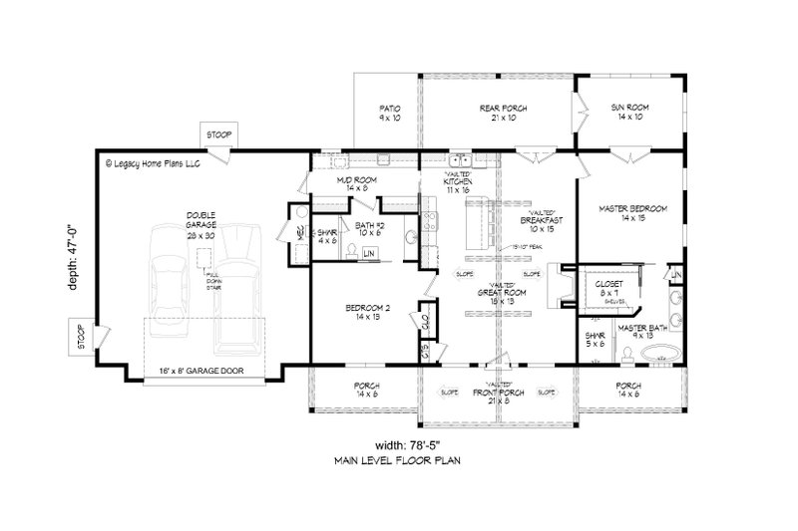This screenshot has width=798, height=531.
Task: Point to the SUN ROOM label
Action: tap(631, 108)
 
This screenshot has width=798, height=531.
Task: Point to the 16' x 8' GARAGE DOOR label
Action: tap(203, 371)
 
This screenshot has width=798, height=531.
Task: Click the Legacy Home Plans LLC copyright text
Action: tap(153, 162)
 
